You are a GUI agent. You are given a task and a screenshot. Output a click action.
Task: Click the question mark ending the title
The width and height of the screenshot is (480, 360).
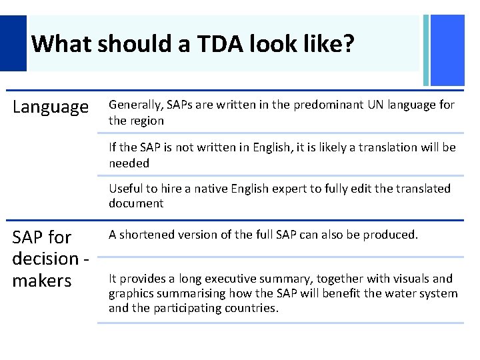tap(349, 45)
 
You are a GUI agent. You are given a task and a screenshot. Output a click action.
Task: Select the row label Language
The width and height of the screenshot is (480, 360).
tap(51, 107)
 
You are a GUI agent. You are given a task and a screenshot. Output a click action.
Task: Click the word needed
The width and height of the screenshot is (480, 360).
tap(129, 163)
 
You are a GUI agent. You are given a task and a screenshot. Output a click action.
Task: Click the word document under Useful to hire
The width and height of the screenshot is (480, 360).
tap(136, 203)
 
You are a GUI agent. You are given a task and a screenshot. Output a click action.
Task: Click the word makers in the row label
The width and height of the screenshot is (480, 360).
tap(41, 281)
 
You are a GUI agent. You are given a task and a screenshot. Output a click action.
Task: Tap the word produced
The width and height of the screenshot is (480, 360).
tap(391, 234)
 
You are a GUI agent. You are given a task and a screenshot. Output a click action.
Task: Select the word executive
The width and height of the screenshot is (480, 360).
tap(235, 279)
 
